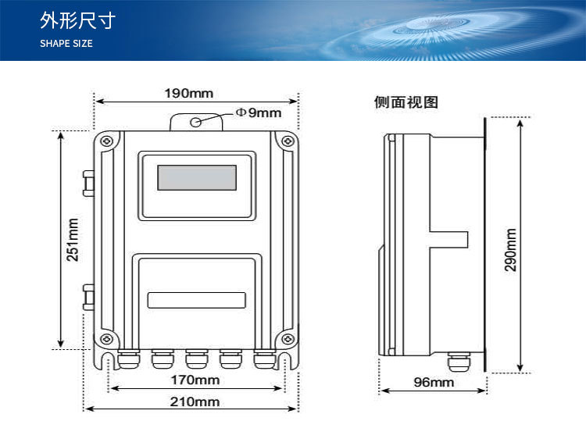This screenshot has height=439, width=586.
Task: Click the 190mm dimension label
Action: [x=188, y=94]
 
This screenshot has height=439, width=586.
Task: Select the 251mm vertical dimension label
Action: [x=72, y=239]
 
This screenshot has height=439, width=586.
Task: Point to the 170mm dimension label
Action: [x=195, y=380]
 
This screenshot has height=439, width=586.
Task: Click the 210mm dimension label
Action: [x=195, y=402]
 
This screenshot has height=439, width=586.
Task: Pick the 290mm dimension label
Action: [x=510, y=249]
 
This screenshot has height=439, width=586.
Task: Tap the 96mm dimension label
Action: [x=433, y=382]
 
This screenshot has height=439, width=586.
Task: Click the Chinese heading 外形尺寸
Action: [x=77, y=21]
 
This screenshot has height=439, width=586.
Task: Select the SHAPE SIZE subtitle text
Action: [x=66, y=44]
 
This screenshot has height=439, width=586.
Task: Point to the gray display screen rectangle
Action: [x=197, y=177]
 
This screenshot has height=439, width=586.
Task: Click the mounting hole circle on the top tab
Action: [x=195, y=121]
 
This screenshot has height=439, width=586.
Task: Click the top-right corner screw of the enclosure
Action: [x=288, y=141]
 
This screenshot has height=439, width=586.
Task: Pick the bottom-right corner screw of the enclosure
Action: [x=288, y=339]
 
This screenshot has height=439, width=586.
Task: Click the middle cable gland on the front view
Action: [x=195, y=359]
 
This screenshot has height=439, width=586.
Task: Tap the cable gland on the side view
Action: [x=455, y=362]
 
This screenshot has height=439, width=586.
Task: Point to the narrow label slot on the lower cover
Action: [x=197, y=299]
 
